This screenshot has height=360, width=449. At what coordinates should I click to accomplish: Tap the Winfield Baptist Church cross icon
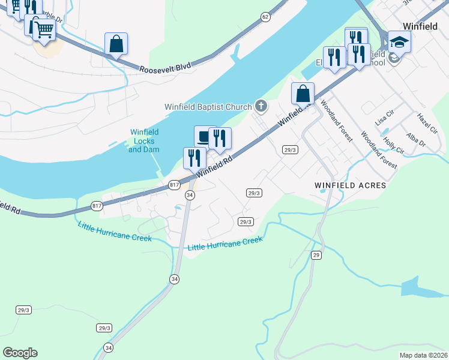point(261,106)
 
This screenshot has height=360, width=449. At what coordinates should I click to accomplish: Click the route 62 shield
point(265,17)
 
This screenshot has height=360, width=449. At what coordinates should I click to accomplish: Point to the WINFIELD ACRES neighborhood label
point(350,186)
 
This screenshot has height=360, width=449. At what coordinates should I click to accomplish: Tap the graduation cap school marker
point(399,42)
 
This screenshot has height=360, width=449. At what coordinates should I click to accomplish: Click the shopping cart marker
point(43,28)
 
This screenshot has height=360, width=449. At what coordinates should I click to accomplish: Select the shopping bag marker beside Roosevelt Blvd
point(116,44)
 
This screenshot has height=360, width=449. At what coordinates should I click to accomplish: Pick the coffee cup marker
point(205,136)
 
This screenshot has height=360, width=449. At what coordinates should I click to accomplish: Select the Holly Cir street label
point(394,147)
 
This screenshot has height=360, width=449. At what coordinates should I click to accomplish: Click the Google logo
point(20,353)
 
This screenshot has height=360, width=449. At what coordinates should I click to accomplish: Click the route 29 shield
point(316,255)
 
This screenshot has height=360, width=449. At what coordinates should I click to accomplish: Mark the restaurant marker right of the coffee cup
point(220,139)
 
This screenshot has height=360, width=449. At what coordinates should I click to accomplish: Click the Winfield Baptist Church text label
point(208,107)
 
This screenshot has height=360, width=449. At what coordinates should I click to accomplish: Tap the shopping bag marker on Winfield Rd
point(303,94)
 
